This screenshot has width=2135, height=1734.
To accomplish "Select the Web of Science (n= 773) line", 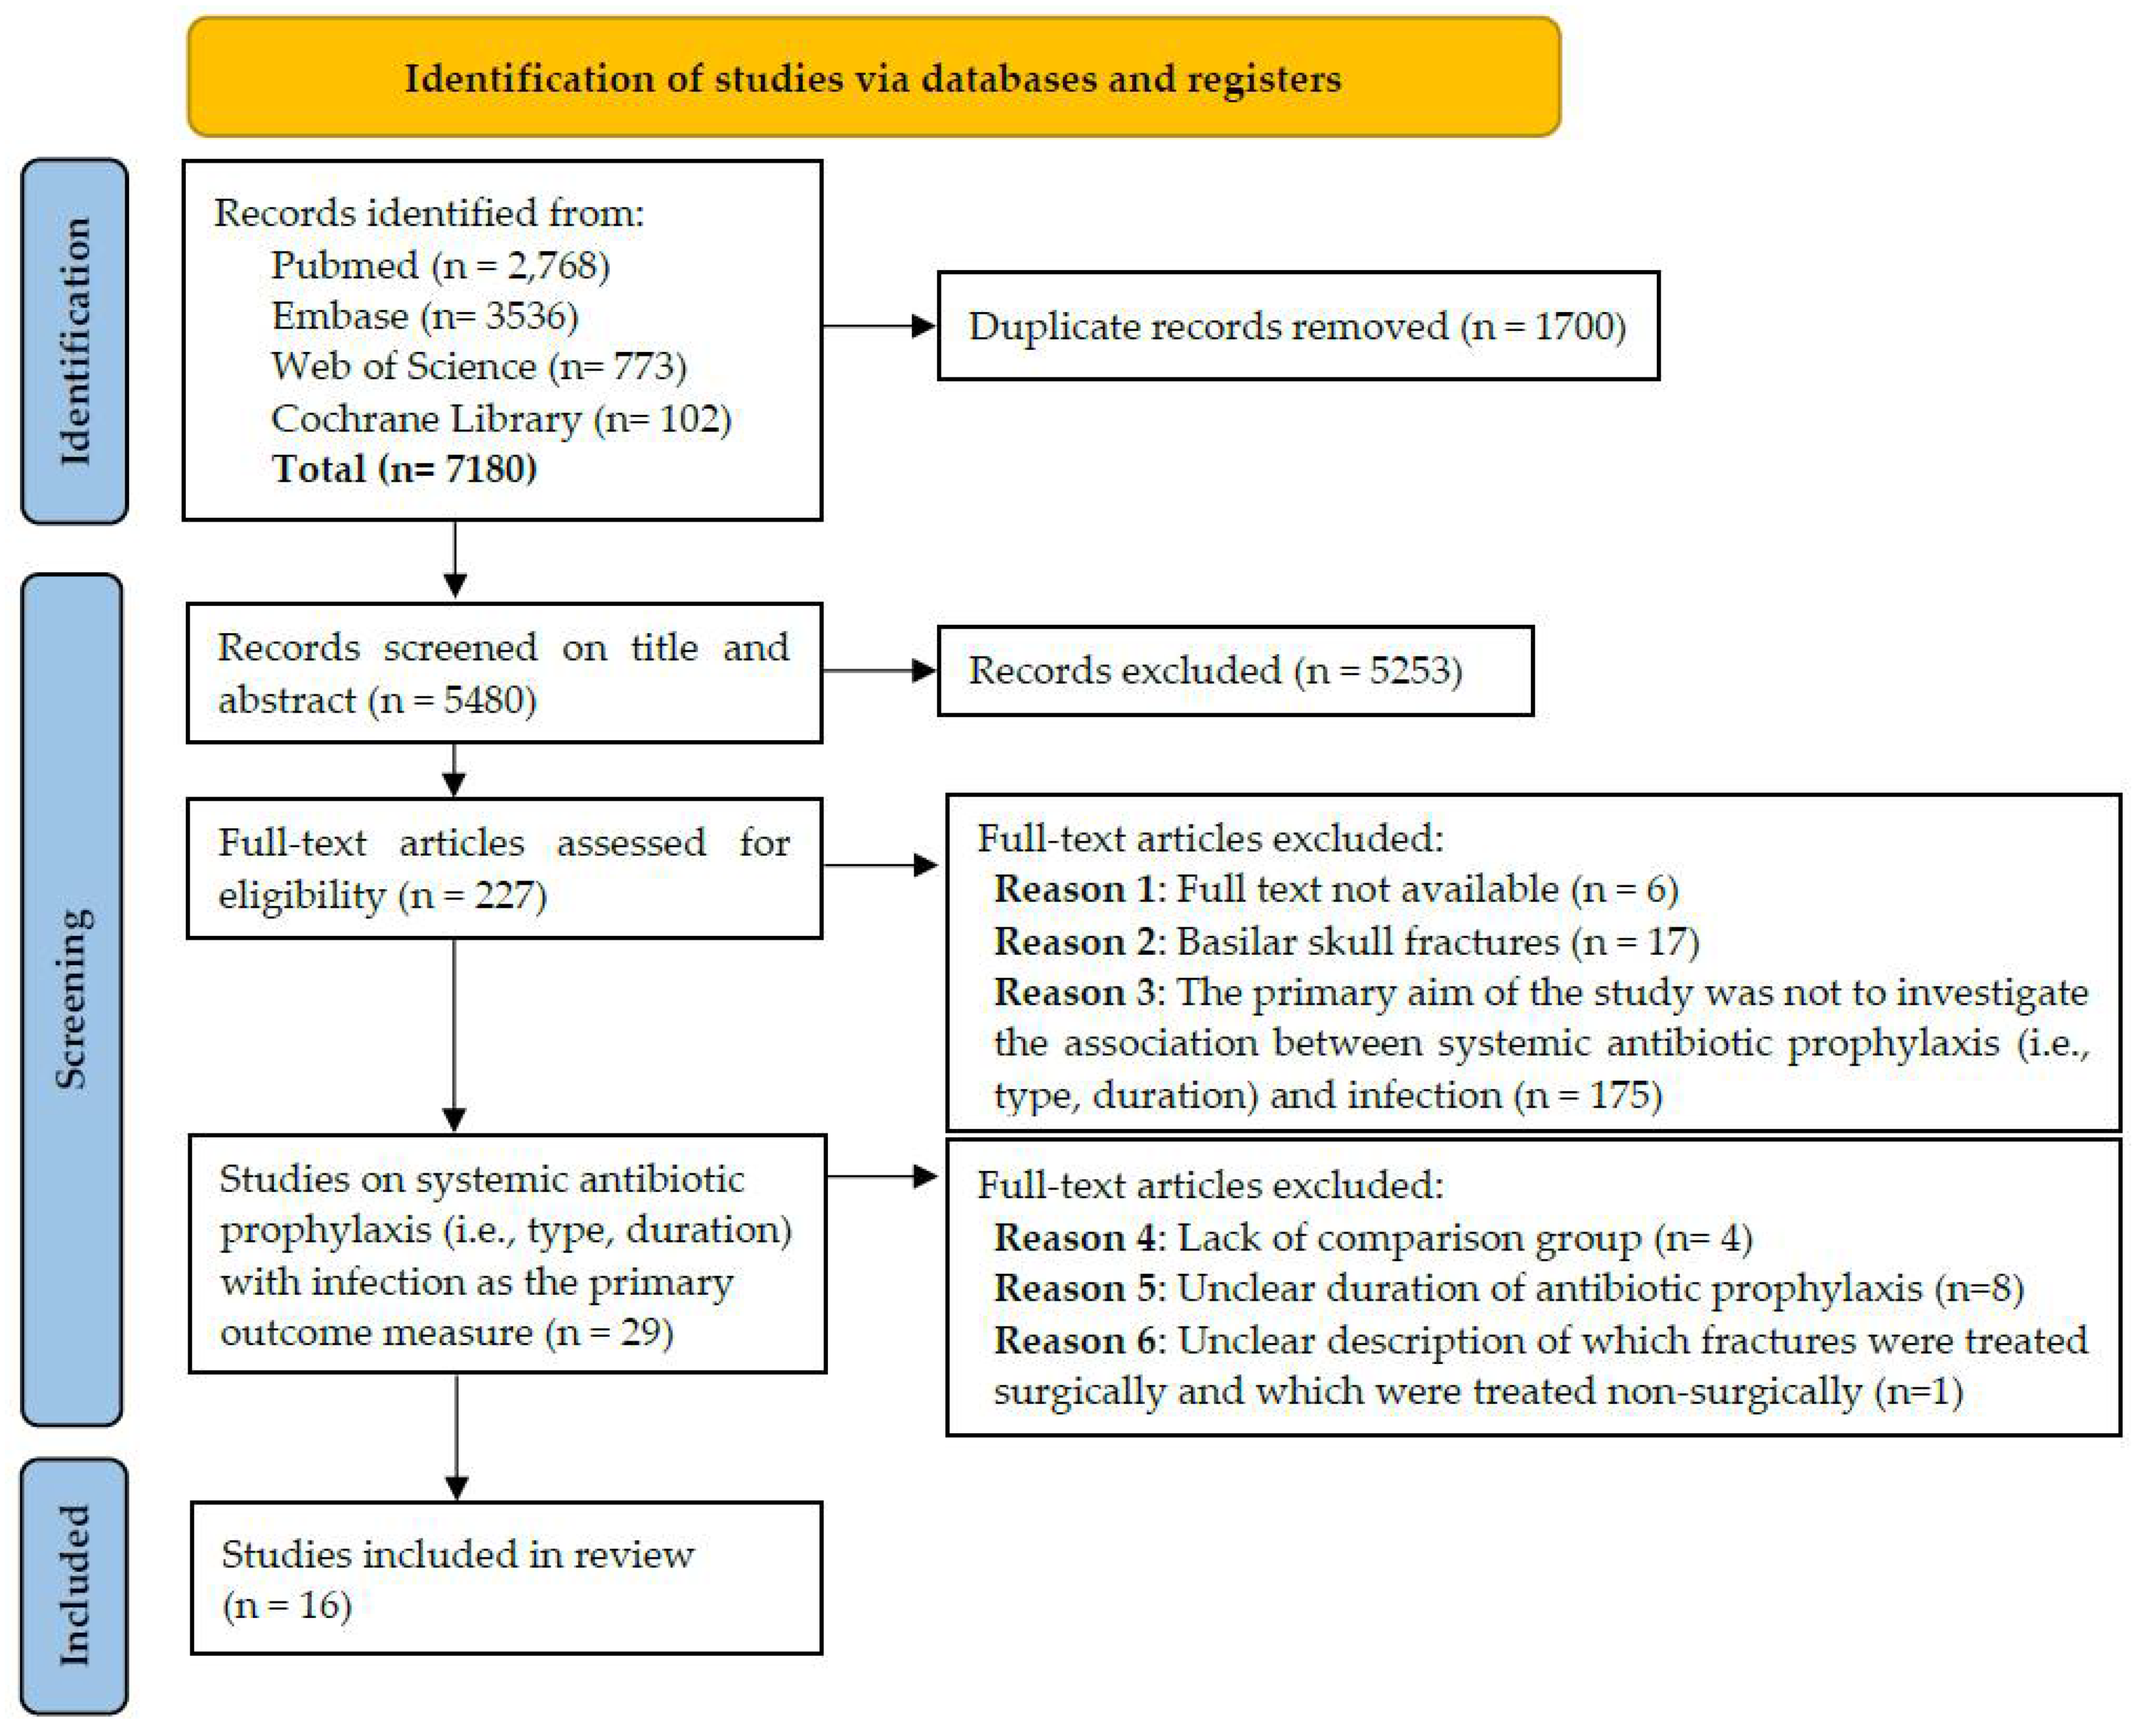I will tap(478, 366).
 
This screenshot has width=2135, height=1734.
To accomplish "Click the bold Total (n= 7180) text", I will tap(404, 469).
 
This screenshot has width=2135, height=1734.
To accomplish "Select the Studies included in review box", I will tap(506, 1577).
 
